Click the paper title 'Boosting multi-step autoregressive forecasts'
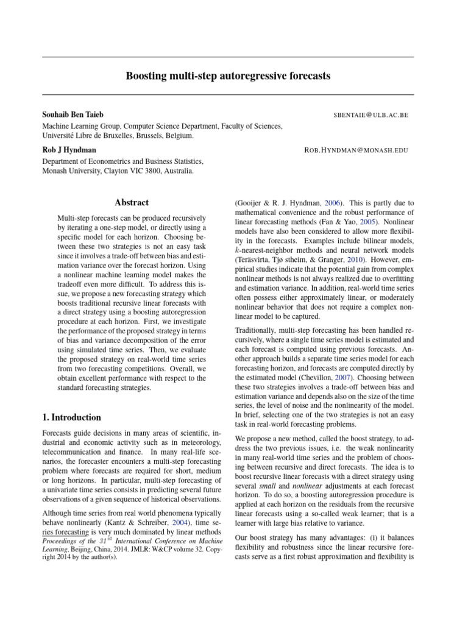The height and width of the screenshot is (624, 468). tap(228, 76)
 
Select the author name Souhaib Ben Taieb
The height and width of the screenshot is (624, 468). tap(72, 115)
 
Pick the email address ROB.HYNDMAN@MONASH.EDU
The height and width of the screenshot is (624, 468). tap(356, 150)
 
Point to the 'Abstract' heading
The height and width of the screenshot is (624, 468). tap(132, 202)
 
